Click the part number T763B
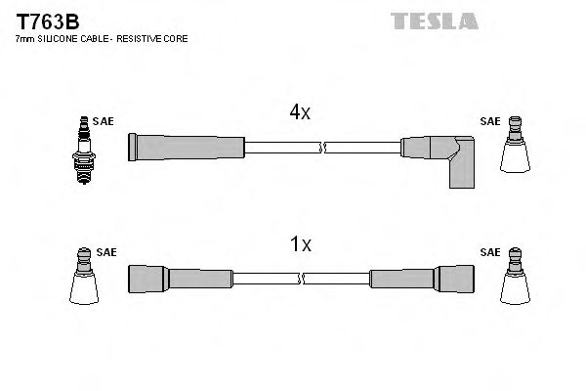click(46, 21)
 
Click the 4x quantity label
click(299, 113)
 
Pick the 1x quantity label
click(299, 245)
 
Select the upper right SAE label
click(489, 122)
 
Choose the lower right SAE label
click(489, 253)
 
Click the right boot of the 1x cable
click(431, 278)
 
